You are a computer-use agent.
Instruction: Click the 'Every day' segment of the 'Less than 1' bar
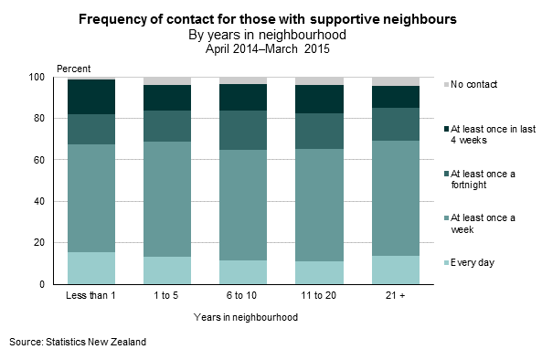tap(91, 268)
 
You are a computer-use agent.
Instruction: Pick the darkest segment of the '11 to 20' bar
tap(319, 99)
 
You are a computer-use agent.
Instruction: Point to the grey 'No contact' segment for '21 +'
tap(395, 81)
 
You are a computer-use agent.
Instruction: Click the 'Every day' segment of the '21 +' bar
tap(395, 270)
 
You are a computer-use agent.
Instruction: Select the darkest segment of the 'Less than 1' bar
tap(91, 97)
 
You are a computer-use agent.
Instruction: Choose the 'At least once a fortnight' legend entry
tap(481, 178)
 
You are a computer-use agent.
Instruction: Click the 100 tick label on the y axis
tap(45, 78)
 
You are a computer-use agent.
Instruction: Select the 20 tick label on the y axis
tap(47, 243)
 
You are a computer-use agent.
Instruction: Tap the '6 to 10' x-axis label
tap(243, 297)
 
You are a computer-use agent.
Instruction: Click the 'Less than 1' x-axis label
tap(91, 297)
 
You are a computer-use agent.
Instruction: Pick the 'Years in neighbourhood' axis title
tap(244, 318)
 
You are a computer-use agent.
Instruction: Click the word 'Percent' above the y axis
tap(74, 69)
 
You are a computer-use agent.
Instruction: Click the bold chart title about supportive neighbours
tap(268, 18)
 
